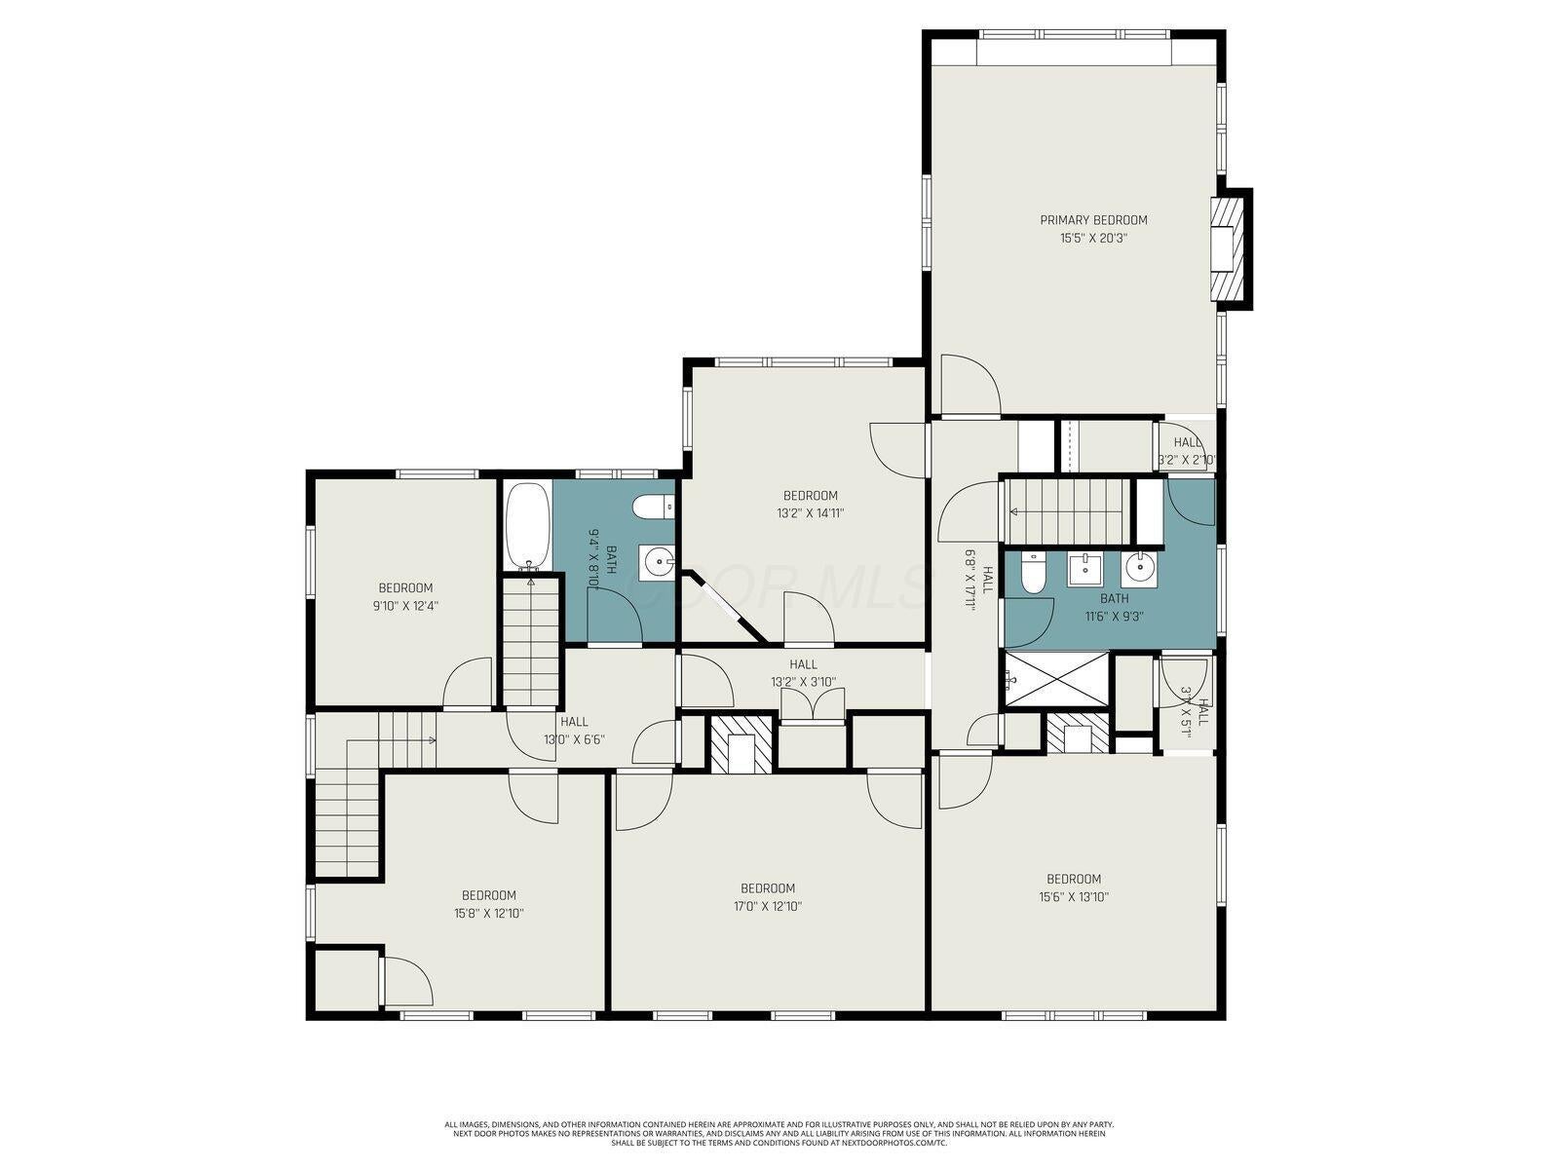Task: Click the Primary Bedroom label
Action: [1093, 220]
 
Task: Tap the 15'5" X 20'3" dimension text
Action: [1093, 238]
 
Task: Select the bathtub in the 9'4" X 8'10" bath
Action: [527, 526]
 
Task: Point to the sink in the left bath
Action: [658, 561]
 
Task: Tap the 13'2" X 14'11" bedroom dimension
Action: [811, 513]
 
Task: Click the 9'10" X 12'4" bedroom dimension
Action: [405, 605]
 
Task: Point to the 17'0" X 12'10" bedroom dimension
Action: [768, 906]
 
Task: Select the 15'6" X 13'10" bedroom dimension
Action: [1074, 897]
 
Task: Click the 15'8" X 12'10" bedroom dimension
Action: [488, 914]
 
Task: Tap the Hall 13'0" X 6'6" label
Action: [574, 731]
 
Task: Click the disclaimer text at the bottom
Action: [779, 1133]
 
